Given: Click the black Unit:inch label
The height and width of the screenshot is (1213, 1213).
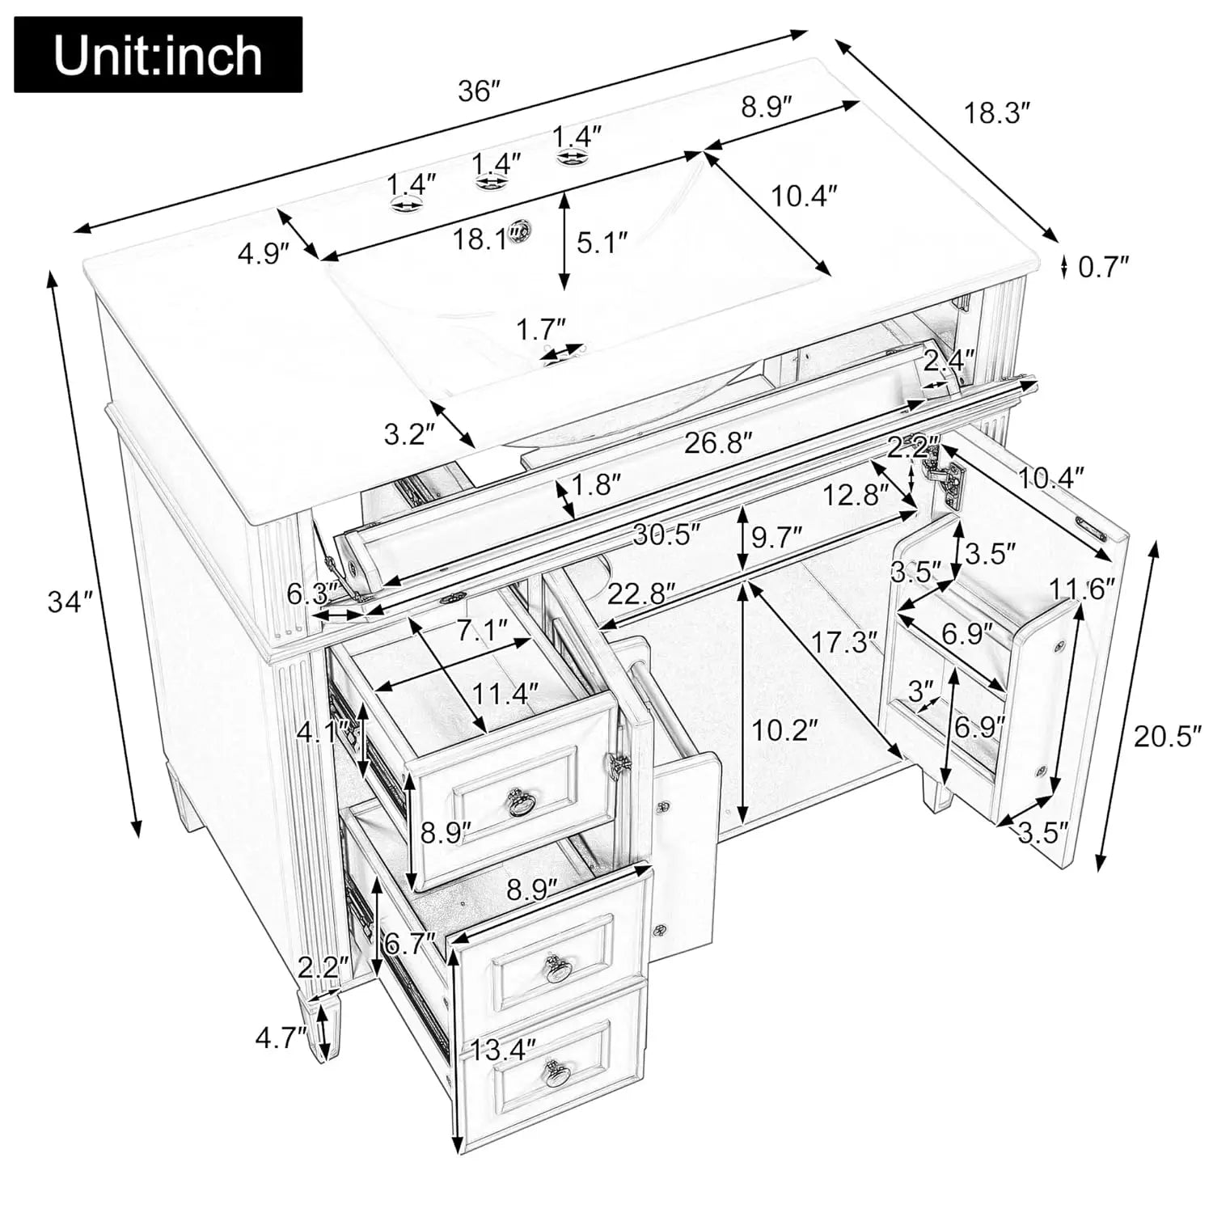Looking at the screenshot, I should [x=158, y=55].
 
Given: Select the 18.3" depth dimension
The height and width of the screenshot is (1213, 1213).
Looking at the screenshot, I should [x=998, y=112].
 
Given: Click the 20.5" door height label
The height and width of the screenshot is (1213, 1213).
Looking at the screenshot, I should [x=1162, y=737].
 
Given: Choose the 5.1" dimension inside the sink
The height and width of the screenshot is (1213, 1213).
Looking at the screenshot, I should [x=602, y=242].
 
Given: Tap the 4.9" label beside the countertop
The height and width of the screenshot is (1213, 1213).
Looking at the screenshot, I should [x=263, y=254].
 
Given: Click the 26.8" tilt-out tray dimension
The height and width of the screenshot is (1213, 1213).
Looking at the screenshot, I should [x=718, y=442].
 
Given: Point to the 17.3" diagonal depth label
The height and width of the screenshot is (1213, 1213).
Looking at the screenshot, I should [x=844, y=643].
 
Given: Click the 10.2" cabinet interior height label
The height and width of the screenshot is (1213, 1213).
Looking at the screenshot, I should [x=784, y=730].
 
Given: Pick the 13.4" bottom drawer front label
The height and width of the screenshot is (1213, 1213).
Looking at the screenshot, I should [x=503, y=1051].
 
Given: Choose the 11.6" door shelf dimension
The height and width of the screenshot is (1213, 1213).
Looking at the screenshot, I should [x=1082, y=588].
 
